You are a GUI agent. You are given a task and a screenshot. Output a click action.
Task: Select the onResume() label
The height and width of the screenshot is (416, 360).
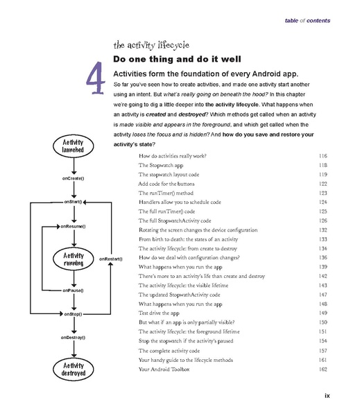pyautogui.click(x=71, y=226)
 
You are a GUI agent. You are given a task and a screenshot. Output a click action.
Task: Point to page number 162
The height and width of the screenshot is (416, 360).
pyautogui.click(x=322, y=369)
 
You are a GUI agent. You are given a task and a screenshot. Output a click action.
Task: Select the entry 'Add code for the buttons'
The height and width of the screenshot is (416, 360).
pyautogui.click(x=171, y=184)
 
